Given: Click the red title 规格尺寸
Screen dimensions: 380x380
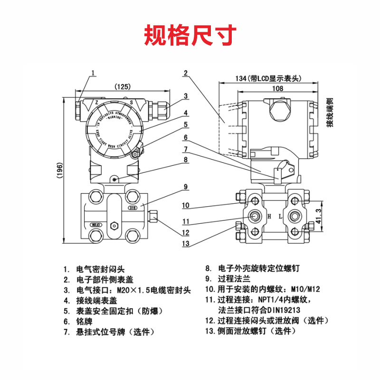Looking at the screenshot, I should (x=190, y=35).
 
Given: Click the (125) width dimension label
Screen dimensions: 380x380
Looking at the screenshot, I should (x=123, y=87).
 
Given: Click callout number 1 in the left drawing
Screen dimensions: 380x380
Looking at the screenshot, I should (x=94, y=73).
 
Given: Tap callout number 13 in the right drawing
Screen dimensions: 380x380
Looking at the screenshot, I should (x=186, y=244).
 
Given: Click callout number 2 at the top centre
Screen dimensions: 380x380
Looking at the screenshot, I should (x=186, y=73).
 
